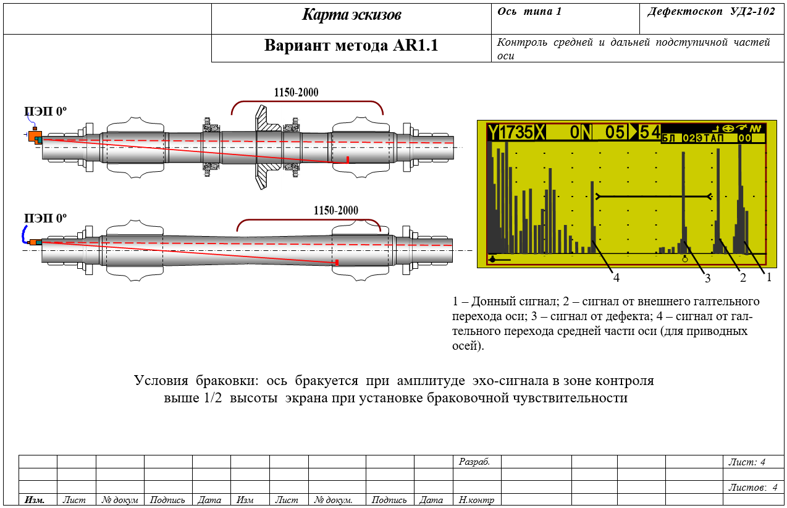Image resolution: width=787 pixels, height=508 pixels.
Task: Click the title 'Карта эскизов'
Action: pyautogui.click(x=351, y=15)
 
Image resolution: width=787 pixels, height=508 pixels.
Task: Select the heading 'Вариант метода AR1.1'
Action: pyautogui.click(x=351, y=45)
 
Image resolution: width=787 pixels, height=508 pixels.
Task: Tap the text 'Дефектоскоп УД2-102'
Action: pyautogui.click(x=711, y=12)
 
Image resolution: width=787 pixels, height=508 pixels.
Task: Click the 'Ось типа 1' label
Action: pyautogui.click(x=529, y=12)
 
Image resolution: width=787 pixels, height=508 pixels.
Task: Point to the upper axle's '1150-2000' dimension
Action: pyautogui.click(x=296, y=93)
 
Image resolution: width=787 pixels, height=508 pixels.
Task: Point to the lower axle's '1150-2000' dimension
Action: pyautogui.click(x=336, y=211)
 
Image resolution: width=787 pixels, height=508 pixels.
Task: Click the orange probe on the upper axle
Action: pyautogui.click(x=35, y=137)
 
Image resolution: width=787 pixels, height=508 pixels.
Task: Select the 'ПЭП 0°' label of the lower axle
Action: pyautogui.click(x=45, y=218)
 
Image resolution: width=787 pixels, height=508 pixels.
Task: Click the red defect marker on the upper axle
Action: pyautogui.click(x=347, y=160)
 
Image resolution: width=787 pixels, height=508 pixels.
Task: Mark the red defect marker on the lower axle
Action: pyautogui.click(x=337, y=262)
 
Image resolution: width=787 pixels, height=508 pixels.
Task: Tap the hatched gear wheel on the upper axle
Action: pyautogui.click(x=266, y=148)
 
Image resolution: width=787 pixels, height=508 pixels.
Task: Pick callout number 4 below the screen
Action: pyautogui.click(x=617, y=278)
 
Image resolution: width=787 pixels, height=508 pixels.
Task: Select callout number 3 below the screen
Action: pyautogui.click(x=707, y=279)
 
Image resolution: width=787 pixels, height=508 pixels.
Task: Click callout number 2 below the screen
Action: pyautogui.click(x=743, y=278)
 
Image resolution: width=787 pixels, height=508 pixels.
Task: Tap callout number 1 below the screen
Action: pyautogui.click(x=768, y=277)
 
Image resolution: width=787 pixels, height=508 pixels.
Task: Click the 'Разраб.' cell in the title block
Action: pyautogui.click(x=474, y=462)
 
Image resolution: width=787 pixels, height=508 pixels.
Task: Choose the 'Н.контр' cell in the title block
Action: pyautogui.click(x=476, y=500)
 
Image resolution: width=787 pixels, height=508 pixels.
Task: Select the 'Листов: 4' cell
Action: pyautogui.click(x=752, y=487)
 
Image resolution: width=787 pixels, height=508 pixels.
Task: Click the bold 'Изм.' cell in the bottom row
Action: pyautogui.click(x=35, y=500)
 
